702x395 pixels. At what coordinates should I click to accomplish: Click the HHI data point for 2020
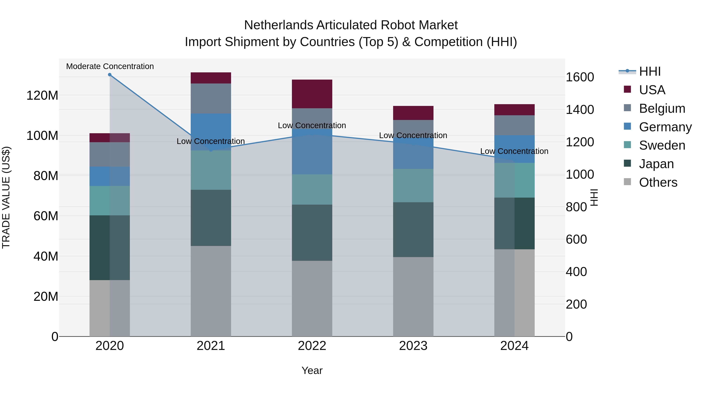[110, 75]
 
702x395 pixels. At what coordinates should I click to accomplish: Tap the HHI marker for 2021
[211, 150]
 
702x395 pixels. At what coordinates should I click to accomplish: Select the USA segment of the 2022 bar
[312, 94]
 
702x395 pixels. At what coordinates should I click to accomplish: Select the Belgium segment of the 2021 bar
[211, 99]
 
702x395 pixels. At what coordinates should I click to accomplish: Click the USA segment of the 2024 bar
[514, 110]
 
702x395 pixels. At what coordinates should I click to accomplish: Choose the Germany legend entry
[665, 127]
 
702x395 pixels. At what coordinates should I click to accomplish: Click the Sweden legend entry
[662, 145]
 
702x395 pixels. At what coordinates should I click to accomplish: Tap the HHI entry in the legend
[650, 71]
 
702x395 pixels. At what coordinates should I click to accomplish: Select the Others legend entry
[658, 182]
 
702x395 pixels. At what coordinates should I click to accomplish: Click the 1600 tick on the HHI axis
[580, 77]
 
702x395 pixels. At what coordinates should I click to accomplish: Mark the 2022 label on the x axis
[312, 346]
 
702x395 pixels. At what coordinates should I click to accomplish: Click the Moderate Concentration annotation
[110, 66]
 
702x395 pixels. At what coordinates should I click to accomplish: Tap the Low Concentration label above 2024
[514, 151]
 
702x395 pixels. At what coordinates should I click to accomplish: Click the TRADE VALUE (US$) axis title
[6, 197]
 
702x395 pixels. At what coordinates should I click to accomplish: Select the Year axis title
[312, 370]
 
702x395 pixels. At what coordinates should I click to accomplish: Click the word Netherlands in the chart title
[278, 25]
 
